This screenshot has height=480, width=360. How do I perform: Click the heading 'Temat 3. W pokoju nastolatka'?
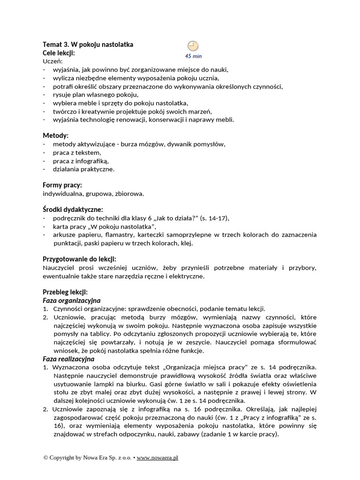[x=88, y=45]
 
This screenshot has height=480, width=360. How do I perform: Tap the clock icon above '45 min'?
[x=193, y=46]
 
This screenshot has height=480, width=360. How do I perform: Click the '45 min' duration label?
[x=193, y=56]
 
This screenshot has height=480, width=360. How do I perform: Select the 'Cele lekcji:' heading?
[x=59, y=53]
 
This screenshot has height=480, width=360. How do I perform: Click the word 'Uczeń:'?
[x=52, y=61]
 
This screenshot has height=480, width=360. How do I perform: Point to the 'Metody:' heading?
[x=55, y=135]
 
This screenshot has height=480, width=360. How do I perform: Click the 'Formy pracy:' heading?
[x=62, y=185]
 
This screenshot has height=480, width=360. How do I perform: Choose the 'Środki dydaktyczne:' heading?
[x=73, y=210]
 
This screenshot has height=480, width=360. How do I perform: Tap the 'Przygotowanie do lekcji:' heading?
[x=80, y=259]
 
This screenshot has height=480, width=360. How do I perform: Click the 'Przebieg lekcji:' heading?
[x=65, y=292]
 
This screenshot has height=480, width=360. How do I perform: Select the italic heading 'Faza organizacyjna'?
[x=72, y=300]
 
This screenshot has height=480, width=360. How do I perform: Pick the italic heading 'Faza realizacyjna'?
[x=68, y=359]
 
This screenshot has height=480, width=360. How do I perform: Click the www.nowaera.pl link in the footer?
[x=157, y=457]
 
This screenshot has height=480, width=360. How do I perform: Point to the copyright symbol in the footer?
[x=45, y=457]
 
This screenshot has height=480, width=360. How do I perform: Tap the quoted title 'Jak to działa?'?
[x=177, y=218]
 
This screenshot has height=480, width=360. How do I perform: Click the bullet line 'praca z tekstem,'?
[x=77, y=152]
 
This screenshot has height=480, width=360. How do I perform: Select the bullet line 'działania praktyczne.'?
[x=83, y=169]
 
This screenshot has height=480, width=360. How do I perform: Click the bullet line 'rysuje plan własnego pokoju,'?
[x=96, y=95]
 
